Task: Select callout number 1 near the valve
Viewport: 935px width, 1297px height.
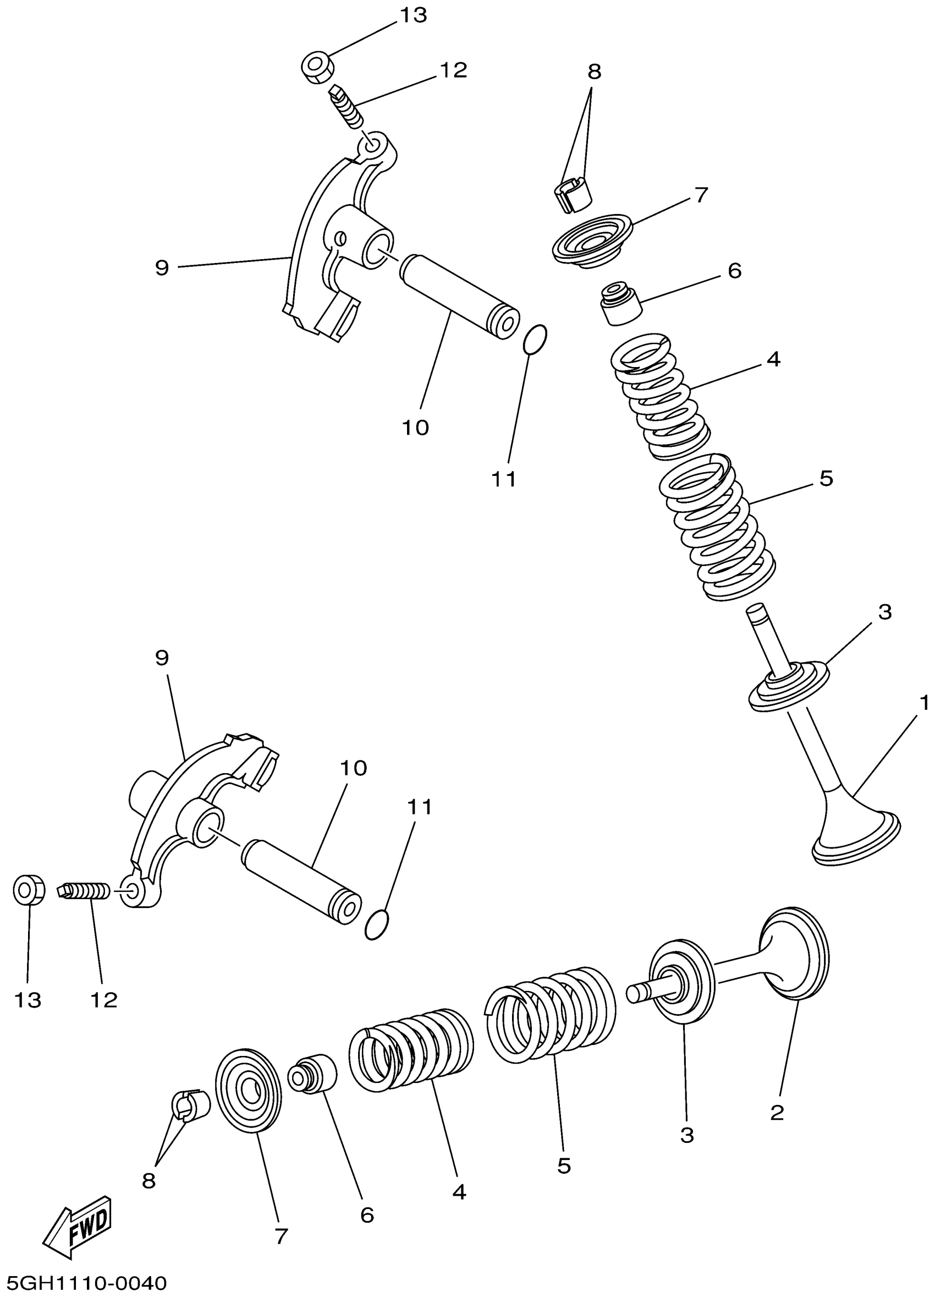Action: coord(924,703)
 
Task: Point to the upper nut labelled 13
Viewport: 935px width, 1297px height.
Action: coord(318,68)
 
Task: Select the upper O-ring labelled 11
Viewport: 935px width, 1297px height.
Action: coord(536,340)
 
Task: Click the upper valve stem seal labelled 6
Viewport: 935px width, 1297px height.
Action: coord(620,302)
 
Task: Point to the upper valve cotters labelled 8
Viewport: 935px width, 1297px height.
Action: coord(573,195)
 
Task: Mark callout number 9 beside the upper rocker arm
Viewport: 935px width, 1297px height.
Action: coord(162,267)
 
